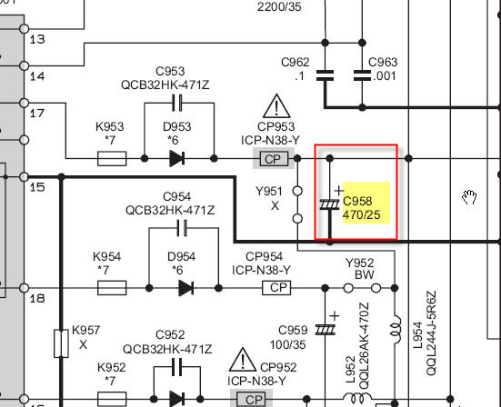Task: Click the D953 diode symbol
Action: [x=177, y=158]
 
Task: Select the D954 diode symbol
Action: [x=186, y=288]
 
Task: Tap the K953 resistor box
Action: [x=112, y=159]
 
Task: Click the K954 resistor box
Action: [x=112, y=288]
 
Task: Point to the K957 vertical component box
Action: [x=61, y=343]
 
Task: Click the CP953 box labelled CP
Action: [x=274, y=159]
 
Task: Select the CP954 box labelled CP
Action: [x=276, y=288]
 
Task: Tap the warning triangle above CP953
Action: [x=276, y=106]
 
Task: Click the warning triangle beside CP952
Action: [x=243, y=360]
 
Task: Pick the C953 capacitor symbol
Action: [x=177, y=103]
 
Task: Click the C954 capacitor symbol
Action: [x=182, y=228]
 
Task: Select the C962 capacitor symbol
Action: [x=325, y=75]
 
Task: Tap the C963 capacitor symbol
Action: [x=362, y=75]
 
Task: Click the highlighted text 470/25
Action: [x=361, y=214]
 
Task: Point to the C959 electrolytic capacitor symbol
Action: [x=326, y=330]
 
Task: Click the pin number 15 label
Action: [x=37, y=187]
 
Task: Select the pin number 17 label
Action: [x=37, y=114]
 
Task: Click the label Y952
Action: [x=360, y=263]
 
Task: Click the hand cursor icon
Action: [x=469, y=197]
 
